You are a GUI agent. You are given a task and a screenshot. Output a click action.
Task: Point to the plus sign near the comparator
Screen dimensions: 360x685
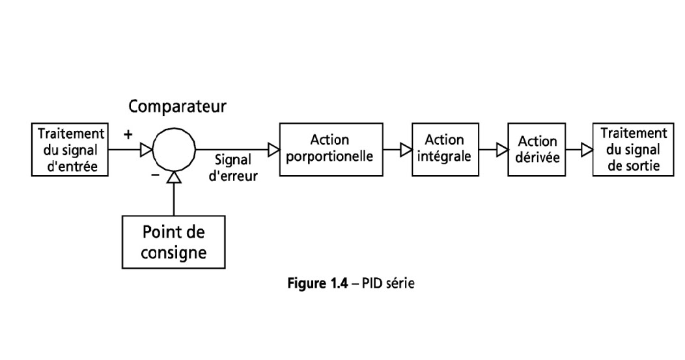point(128,135)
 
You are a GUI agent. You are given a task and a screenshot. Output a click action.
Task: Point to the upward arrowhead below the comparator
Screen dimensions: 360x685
point(173,177)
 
